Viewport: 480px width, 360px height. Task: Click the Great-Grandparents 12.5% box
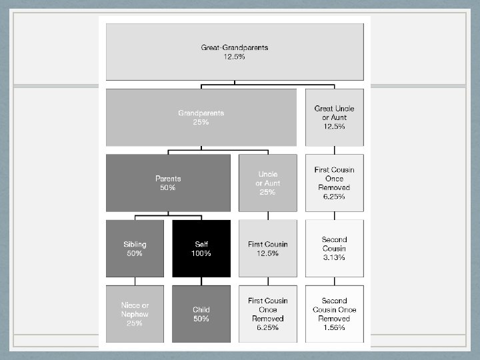234,52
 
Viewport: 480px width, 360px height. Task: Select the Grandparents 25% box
201,117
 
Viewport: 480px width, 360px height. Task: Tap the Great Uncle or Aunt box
334,117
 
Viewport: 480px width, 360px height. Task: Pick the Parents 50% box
168,183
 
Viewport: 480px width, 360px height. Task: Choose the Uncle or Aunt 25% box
268,183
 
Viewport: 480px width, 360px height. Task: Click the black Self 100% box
201,249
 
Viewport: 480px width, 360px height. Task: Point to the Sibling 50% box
135,249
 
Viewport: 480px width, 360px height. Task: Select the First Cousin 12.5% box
268,249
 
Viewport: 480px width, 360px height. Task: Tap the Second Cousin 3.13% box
334,249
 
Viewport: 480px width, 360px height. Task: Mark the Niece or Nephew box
135,314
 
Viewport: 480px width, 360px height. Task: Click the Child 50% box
201,314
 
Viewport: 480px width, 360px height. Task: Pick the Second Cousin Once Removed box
334,314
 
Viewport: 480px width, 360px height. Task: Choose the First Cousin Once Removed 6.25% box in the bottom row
268,314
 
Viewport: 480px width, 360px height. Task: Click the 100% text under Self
201,254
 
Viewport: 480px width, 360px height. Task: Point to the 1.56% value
334,327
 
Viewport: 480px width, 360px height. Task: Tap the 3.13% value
334,257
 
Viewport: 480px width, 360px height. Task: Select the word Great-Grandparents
234,48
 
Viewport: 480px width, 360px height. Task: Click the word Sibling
135,245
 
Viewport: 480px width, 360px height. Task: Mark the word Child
201,310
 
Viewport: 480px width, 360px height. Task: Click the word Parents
168,179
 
